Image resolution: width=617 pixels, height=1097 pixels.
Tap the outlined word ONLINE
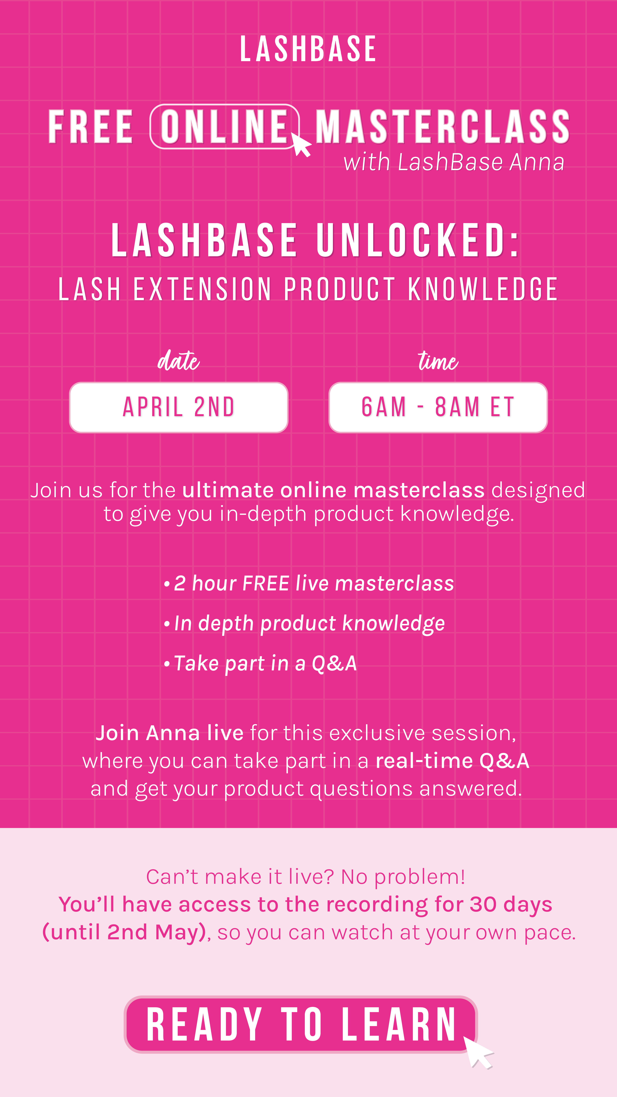[224, 126]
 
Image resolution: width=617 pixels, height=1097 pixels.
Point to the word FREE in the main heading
[91, 126]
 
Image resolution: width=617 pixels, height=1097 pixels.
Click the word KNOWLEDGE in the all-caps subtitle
[483, 289]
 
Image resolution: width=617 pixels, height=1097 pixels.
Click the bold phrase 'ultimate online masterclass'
[333, 490]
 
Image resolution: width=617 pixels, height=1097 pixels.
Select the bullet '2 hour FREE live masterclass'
[314, 583]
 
